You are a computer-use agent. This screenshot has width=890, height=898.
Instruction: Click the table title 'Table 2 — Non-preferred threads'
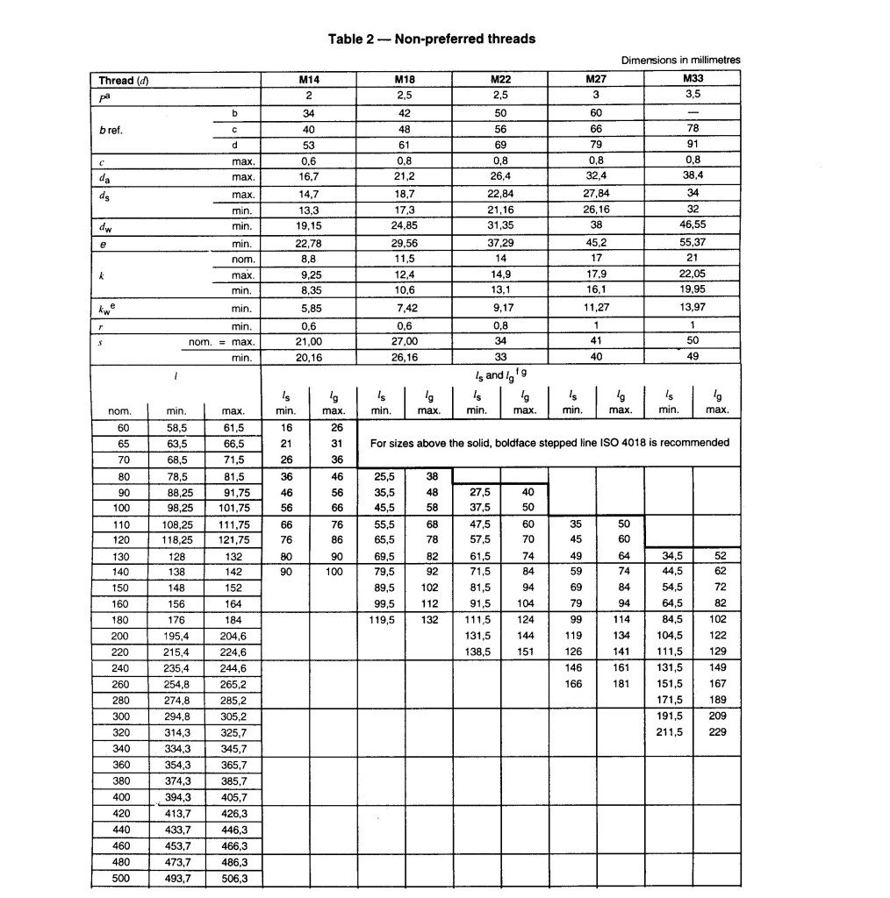tap(431, 39)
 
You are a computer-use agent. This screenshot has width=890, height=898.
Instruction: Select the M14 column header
tap(308, 80)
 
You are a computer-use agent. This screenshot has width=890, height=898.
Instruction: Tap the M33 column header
tap(693, 80)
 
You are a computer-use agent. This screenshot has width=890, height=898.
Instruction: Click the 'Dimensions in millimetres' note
tap(680, 61)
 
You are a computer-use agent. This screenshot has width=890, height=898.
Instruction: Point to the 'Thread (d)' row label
tap(124, 81)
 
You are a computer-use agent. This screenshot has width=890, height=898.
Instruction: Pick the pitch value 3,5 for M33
tap(693, 96)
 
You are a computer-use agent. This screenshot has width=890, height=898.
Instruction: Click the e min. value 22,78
tap(308, 243)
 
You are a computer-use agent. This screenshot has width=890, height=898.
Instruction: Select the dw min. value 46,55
tap(693, 226)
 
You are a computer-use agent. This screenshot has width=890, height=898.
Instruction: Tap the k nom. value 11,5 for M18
tap(404, 259)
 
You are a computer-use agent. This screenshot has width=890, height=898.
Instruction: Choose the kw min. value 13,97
tap(693, 308)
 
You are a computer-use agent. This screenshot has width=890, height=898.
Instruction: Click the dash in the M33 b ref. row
tap(693, 113)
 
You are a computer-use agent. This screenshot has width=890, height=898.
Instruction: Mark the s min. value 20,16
tap(308, 357)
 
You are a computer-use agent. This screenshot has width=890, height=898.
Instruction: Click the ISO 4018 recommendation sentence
tap(549, 443)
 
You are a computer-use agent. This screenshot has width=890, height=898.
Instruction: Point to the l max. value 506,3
tap(233, 878)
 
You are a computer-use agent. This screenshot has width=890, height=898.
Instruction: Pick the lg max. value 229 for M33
tap(717, 732)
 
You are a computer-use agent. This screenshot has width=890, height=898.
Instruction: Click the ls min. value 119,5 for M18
tap(380, 619)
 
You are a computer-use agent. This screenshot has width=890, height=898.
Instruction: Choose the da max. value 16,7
tap(308, 177)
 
